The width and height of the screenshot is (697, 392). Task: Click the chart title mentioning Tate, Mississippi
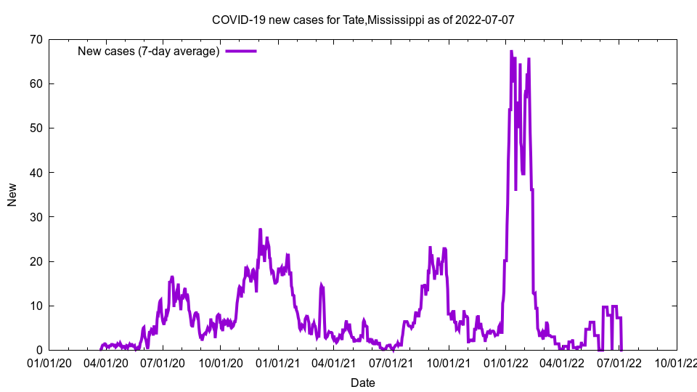tap(362, 20)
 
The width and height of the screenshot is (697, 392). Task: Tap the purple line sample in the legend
tap(241, 51)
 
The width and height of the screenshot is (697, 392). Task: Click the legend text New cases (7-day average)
tap(148, 51)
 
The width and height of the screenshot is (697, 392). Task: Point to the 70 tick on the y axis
tap(36, 39)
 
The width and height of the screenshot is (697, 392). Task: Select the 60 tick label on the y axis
tap(36, 83)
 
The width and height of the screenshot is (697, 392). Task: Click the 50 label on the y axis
tap(36, 128)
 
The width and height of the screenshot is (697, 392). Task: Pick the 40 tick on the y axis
tap(36, 172)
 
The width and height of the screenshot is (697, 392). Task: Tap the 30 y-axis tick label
tap(36, 217)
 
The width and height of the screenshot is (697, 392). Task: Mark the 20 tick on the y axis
tap(36, 261)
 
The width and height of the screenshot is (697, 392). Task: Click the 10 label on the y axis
tap(36, 306)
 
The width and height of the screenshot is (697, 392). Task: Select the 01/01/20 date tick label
tap(49, 363)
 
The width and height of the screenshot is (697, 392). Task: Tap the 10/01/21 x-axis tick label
tap(449, 363)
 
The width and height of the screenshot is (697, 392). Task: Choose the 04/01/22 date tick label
tap(563, 363)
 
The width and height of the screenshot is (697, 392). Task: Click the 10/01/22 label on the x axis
tap(677, 363)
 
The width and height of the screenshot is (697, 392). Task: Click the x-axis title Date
tap(362, 383)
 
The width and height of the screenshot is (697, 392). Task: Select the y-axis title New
tap(12, 195)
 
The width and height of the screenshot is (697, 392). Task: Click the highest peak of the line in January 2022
tap(511, 51)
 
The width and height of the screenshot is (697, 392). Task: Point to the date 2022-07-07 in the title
tap(485, 20)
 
